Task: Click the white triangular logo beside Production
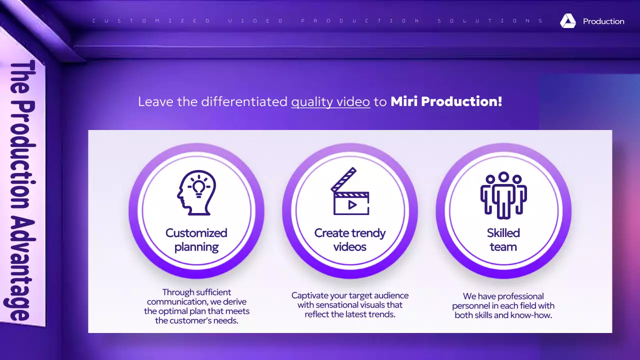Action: pos(567,21)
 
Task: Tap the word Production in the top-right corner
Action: pos(603,21)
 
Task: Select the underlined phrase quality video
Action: pos(330,101)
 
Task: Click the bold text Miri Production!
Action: pos(446,101)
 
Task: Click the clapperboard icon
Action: pos(350,192)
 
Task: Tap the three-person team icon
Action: pos(503,195)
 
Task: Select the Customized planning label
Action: pos(196,239)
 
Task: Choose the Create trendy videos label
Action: pos(350,239)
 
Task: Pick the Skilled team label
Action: pos(503,239)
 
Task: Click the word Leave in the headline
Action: pos(156,101)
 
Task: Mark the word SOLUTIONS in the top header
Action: pos(490,21)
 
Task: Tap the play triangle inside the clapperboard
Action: pos(352,204)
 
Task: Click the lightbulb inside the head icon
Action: pos(199,187)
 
